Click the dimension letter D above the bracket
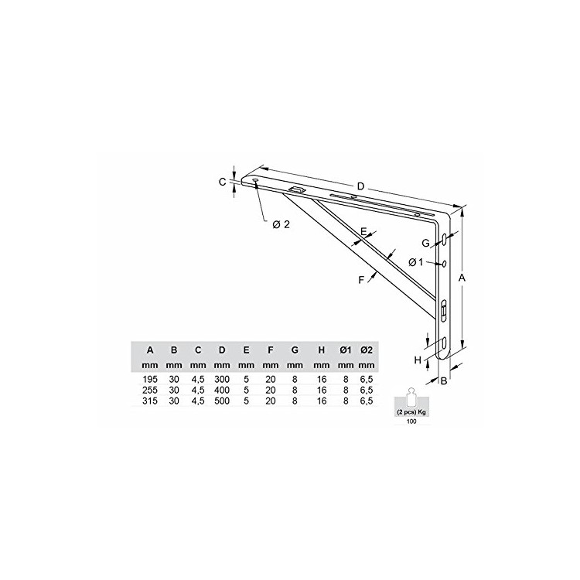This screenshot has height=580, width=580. click(360, 186)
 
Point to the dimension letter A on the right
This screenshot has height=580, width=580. click(462, 278)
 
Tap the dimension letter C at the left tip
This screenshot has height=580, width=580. click(222, 182)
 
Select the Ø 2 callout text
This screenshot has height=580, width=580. click(281, 224)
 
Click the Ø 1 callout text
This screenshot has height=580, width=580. click(415, 262)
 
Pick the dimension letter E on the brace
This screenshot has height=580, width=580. click(363, 232)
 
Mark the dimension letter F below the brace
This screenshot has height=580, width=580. click(361, 280)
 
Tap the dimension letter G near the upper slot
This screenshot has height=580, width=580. click(426, 243)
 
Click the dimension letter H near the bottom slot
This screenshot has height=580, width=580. click(418, 360)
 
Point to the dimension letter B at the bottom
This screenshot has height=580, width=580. click(444, 380)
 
